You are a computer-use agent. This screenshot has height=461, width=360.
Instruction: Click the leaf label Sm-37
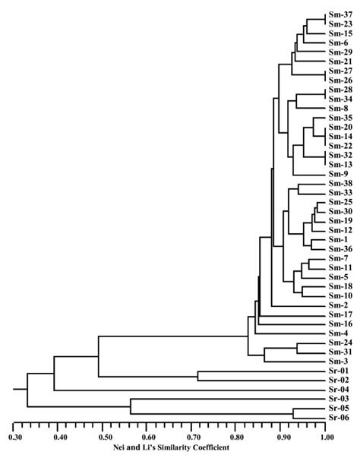(x=339, y=15)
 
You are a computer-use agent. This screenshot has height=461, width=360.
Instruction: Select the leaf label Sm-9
(x=338, y=174)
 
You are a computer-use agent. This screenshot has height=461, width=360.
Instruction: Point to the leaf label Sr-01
(x=339, y=393)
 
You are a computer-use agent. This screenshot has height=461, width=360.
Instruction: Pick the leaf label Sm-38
(x=339, y=184)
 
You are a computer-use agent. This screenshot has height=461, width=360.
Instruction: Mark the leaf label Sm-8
(x=338, y=109)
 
